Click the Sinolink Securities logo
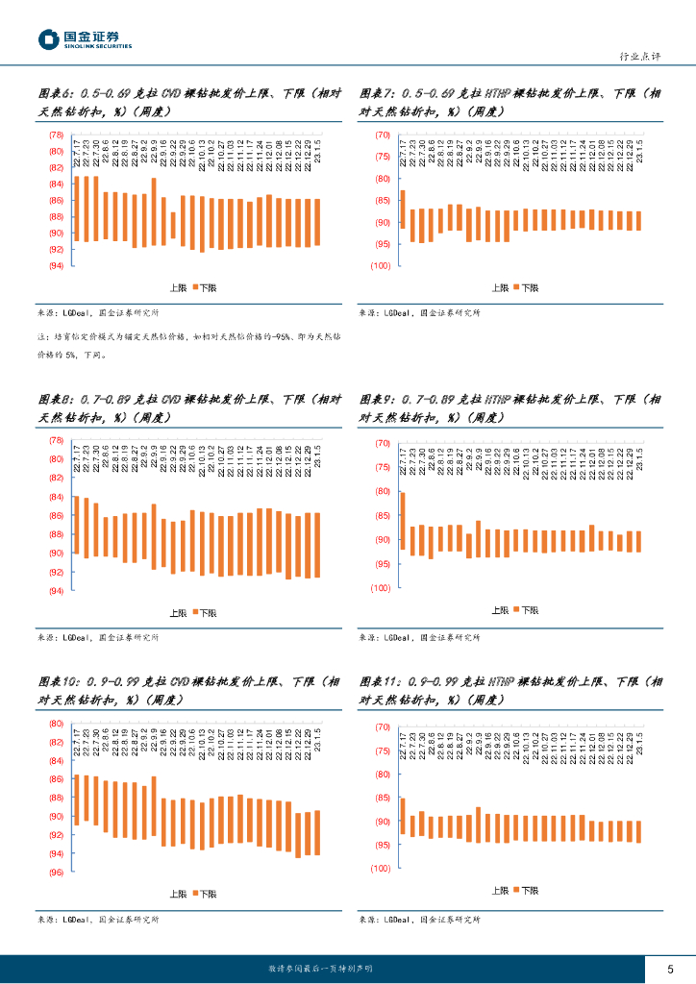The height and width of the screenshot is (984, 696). coord(85,39)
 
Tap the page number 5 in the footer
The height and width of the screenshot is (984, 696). coord(670,968)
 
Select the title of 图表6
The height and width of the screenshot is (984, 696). coord(188,103)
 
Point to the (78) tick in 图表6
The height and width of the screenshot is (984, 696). coord(56,135)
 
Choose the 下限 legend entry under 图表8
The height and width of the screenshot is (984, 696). coord(207,612)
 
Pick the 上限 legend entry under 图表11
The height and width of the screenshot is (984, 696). coord(499,891)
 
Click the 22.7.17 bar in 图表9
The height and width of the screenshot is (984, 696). coord(403,523)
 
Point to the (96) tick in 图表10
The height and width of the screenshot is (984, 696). coord(56,873)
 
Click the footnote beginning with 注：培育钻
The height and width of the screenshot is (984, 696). coord(188,346)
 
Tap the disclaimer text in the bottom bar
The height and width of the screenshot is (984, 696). coord(320,968)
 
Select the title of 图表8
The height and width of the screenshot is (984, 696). coord(188,407)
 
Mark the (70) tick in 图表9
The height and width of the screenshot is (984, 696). coord(382,444)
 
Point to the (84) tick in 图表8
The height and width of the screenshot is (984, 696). coord(56,497)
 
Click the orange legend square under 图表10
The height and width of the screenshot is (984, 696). coord(195,894)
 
